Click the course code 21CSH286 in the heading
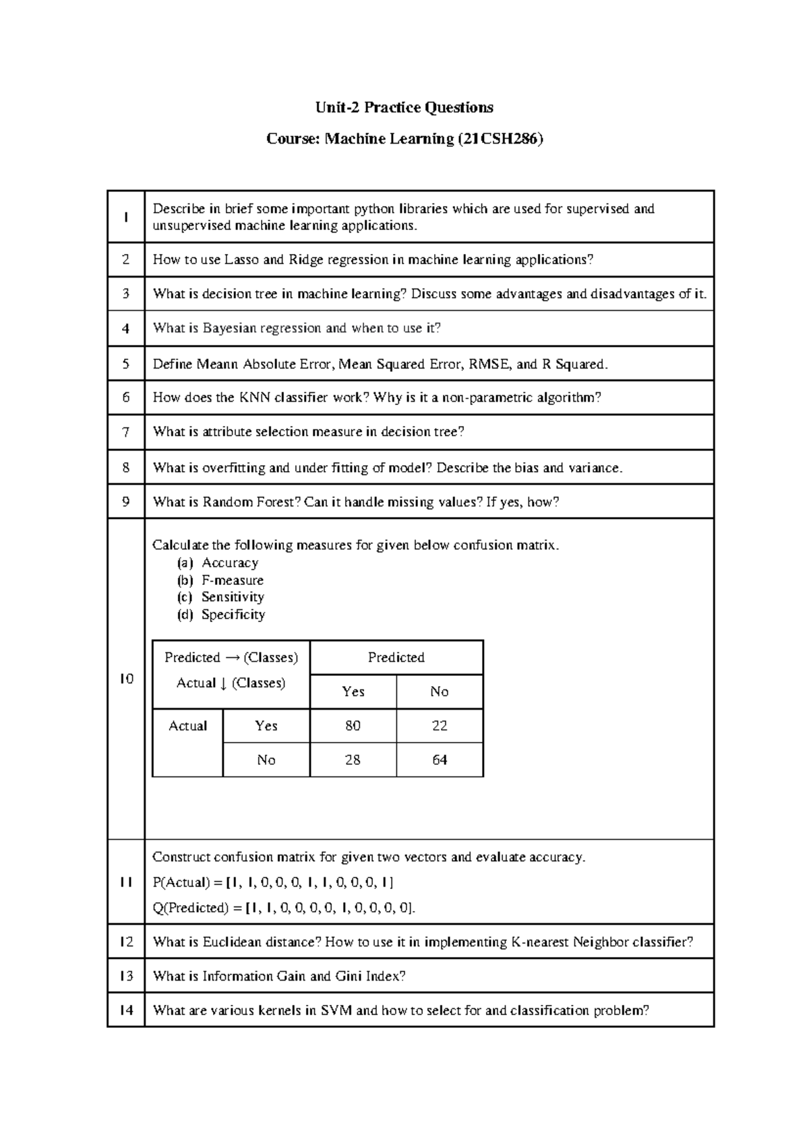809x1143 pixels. (x=500, y=140)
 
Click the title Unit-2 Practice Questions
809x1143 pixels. (x=404, y=108)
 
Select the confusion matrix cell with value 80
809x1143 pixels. (x=353, y=726)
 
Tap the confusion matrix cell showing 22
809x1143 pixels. (x=440, y=726)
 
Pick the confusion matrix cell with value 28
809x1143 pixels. (x=353, y=760)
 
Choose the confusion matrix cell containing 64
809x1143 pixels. (x=440, y=760)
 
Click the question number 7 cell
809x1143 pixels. (x=126, y=432)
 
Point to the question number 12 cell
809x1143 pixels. (x=126, y=942)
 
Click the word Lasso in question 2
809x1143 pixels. (x=242, y=260)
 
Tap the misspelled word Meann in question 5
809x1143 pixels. (x=218, y=365)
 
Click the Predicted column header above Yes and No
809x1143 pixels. (x=396, y=658)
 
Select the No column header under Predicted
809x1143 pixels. (x=440, y=692)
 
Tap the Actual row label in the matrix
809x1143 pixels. (x=187, y=726)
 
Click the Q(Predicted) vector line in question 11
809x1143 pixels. (x=284, y=908)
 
